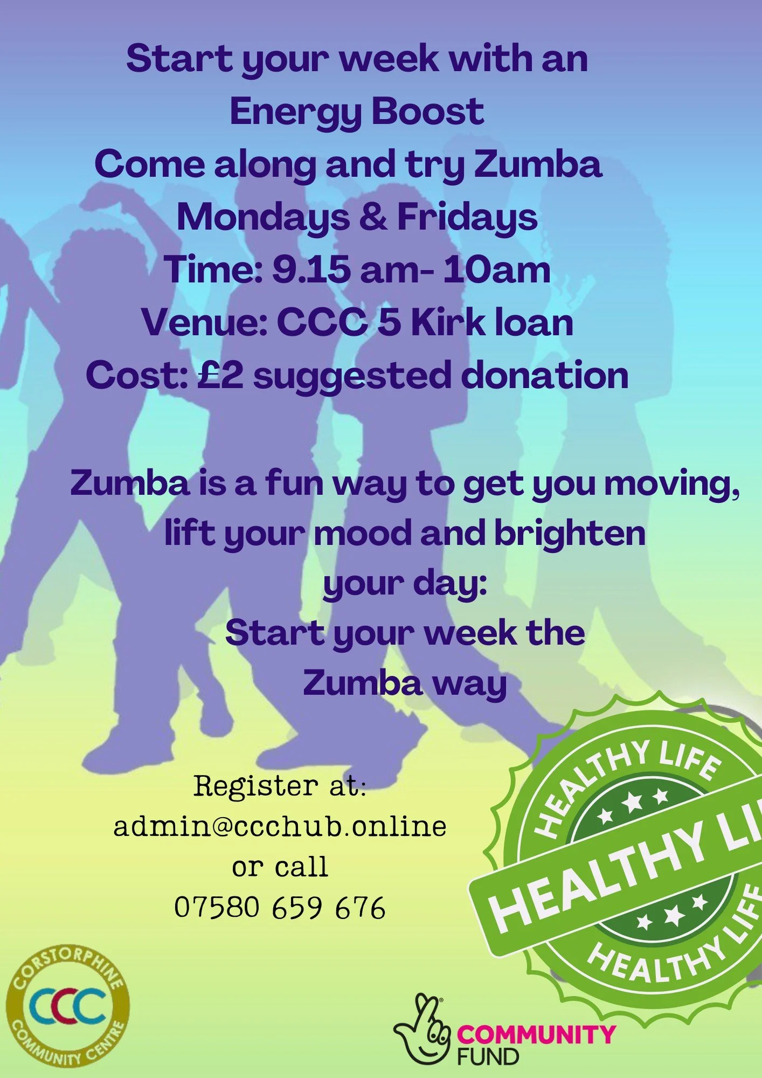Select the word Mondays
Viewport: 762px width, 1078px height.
tap(262, 218)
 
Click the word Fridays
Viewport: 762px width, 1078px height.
tap(467, 218)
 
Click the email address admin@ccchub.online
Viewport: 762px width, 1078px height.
tap(280, 826)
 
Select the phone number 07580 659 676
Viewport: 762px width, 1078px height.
tap(280, 907)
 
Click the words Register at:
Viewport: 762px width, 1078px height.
tap(280, 786)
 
